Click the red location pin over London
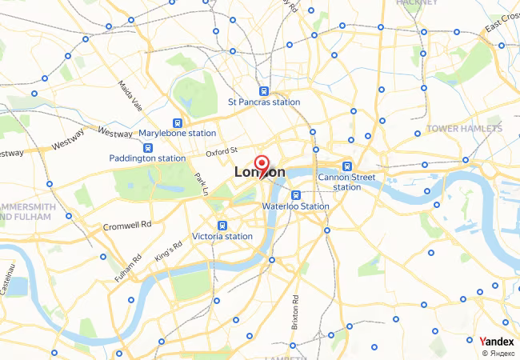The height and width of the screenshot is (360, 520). tap(261, 163)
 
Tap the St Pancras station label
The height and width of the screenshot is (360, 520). tap(264, 102)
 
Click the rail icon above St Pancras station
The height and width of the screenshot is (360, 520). tap(264, 90)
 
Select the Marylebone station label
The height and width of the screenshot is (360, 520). tap(178, 133)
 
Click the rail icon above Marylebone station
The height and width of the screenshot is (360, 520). tap(178, 122)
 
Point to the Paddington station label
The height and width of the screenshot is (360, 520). tap(147, 158)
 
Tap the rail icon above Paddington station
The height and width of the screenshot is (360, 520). tap(148, 147)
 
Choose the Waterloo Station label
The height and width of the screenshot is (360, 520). tap(295, 206)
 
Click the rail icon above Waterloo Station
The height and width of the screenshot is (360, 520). tap(295, 194)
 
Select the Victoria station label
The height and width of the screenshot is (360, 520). tap(222, 236)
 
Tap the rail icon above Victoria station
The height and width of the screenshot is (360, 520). tap(222, 226)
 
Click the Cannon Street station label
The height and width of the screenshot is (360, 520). tap(346, 182)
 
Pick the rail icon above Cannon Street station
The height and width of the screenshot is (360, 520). tap(346, 166)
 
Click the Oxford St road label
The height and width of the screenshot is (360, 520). tap(222, 151)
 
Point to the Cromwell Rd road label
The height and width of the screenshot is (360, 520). tap(127, 226)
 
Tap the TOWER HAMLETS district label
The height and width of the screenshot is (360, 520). tap(464, 128)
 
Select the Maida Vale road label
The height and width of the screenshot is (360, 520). tap(130, 95)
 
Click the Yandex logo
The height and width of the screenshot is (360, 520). tap(497, 341)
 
